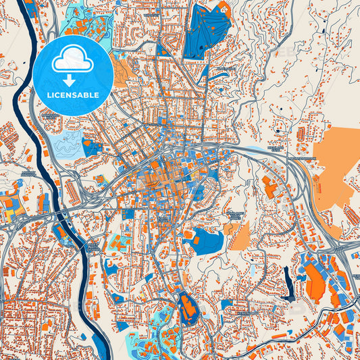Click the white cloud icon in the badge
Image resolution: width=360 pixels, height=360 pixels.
click(x=73, y=61)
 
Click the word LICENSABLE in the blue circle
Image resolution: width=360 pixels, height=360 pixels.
click(x=73, y=96)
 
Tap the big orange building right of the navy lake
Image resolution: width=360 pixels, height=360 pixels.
click(x=314, y=280)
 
